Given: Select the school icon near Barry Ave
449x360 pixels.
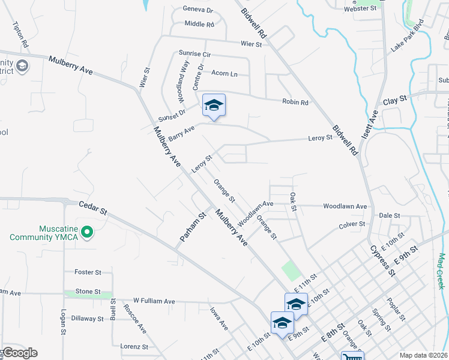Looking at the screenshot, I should point(214,106).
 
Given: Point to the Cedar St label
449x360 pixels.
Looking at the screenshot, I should point(93,208).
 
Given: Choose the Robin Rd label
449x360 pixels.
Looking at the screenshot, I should point(295,102).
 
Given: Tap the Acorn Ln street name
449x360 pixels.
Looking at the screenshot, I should point(224,74).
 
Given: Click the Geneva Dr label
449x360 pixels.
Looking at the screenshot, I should point(198,10).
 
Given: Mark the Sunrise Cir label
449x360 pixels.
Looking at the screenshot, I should point(195,54).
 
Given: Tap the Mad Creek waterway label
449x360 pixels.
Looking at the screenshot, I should point(441,271).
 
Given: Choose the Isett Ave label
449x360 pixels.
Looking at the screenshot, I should point(373,122).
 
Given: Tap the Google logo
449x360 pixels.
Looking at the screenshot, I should point(19,353).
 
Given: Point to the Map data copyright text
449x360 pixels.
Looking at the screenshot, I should point(423,355).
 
